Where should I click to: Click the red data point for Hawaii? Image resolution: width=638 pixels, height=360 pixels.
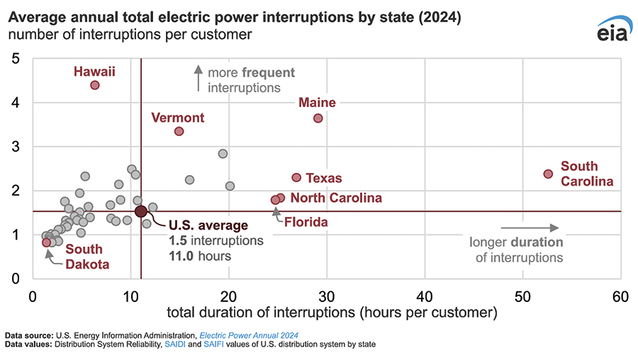[x=95, y=85]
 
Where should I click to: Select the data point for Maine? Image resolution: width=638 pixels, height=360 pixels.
[x=318, y=118]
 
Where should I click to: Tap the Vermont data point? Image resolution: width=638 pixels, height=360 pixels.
[x=179, y=131]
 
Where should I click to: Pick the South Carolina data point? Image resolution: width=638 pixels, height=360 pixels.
[x=548, y=174]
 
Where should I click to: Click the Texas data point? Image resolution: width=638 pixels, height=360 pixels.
[x=296, y=177]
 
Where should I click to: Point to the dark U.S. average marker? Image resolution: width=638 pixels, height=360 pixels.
[x=140, y=211]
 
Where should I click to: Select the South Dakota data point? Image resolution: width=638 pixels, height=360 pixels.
[x=47, y=242]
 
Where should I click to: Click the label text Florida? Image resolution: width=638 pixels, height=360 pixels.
[x=306, y=223]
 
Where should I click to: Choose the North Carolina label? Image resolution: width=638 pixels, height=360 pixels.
[x=336, y=198]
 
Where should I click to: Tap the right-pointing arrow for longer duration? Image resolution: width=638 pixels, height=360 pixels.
[x=530, y=227]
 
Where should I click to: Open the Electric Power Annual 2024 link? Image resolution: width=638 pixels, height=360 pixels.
[x=249, y=334]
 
